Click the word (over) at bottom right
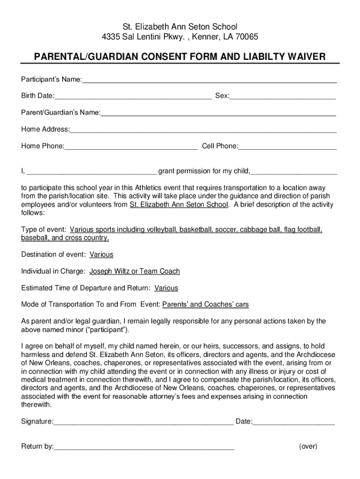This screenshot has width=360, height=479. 308,446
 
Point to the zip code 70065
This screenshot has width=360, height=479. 247,36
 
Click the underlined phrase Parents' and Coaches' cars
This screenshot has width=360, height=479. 205,305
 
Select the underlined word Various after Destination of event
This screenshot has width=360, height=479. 101,254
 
